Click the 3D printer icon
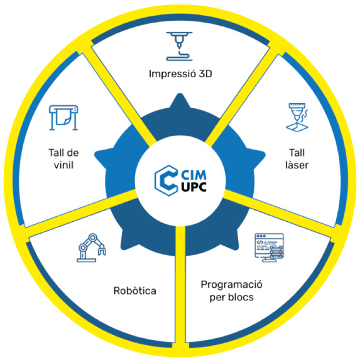click(179, 46)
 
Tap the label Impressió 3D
click(180, 74)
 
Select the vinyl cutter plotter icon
click(63, 118)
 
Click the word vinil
click(63, 165)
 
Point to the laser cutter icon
click(297, 118)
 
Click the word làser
click(297, 165)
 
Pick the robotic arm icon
click(91, 248)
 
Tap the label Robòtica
click(135, 290)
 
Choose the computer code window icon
click(269, 248)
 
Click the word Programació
click(231, 285)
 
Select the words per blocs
click(231, 297)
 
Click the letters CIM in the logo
click(194, 175)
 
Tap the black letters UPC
click(194, 187)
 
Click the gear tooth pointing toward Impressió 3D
click(180, 101)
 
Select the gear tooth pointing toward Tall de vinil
click(102, 158)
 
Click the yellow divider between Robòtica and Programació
click(180, 287)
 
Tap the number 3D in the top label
click(205, 74)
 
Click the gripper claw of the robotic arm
click(102, 250)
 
